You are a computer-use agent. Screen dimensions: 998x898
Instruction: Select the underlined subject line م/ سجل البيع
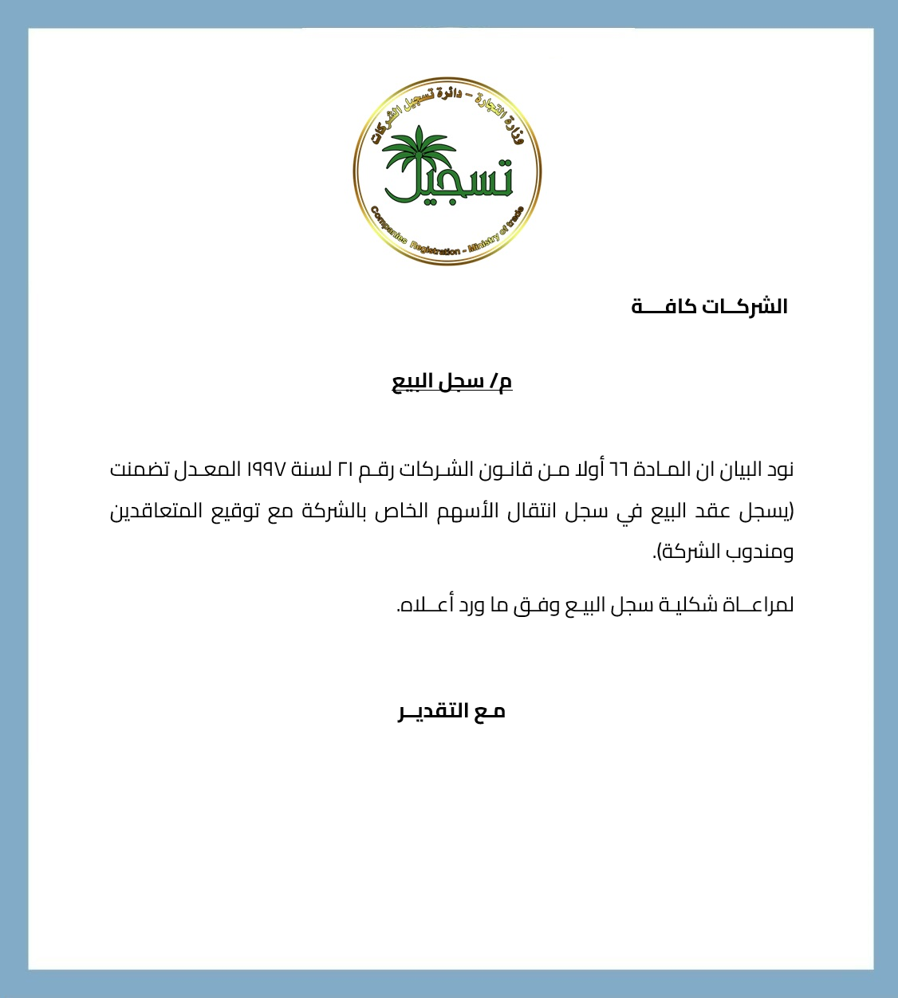coord(451,382)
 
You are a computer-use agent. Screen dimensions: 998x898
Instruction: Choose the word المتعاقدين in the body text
coord(156,511)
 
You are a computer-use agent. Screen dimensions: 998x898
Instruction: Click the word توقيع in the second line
coord(239,511)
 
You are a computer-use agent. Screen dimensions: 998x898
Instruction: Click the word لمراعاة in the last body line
coord(758,605)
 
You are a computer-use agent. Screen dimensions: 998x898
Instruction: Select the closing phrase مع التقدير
coord(451,711)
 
